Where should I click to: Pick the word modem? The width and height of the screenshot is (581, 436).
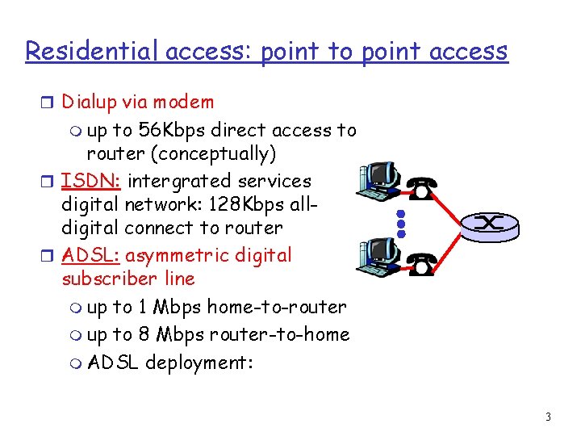(187, 102)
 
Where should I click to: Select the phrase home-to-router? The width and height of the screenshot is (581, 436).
(277, 307)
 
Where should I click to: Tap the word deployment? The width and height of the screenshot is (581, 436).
(199, 363)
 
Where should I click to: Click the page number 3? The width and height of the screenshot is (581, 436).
(548, 417)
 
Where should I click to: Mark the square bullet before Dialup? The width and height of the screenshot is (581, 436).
(50, 103)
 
